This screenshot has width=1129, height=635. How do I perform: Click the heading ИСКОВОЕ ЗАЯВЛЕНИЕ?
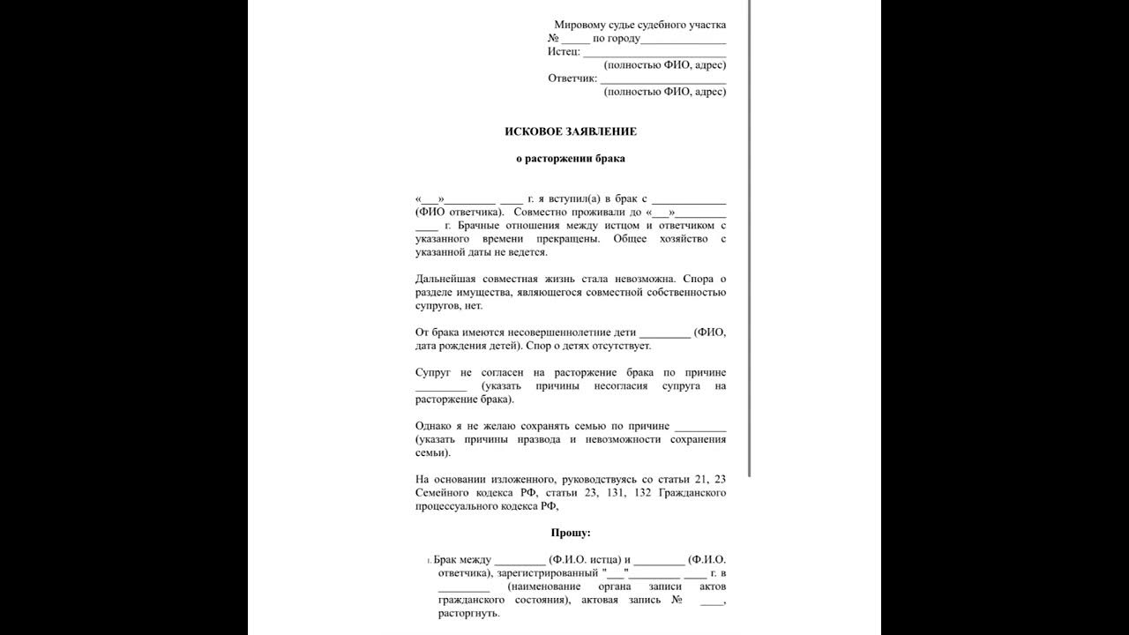[x=570, y=131]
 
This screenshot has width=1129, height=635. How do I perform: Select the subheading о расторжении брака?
[x=570, y=159]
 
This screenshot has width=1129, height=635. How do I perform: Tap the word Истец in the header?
[x=563, y=51]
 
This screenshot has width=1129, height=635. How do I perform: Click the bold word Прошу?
[x=570, y=533]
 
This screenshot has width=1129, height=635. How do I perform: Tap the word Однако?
[x=435, y=426]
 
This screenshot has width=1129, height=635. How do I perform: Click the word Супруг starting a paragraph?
[x=433, y=372]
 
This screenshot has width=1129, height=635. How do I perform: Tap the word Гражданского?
[x=693, y=492]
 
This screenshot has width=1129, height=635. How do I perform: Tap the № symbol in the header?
[x=553, y=39]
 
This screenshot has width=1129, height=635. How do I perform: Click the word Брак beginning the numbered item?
[x=448, y=560]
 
